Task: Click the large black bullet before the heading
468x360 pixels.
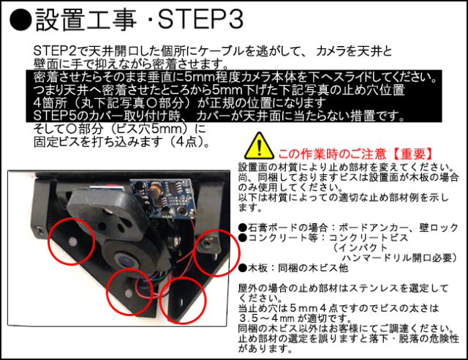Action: click(20, 20)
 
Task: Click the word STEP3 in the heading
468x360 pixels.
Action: click(200, 20)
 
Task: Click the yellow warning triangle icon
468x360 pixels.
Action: click(259, 146)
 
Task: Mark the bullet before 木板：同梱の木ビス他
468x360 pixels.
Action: click(243, 268)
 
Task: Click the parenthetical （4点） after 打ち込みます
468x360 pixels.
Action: click(187, 142)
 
